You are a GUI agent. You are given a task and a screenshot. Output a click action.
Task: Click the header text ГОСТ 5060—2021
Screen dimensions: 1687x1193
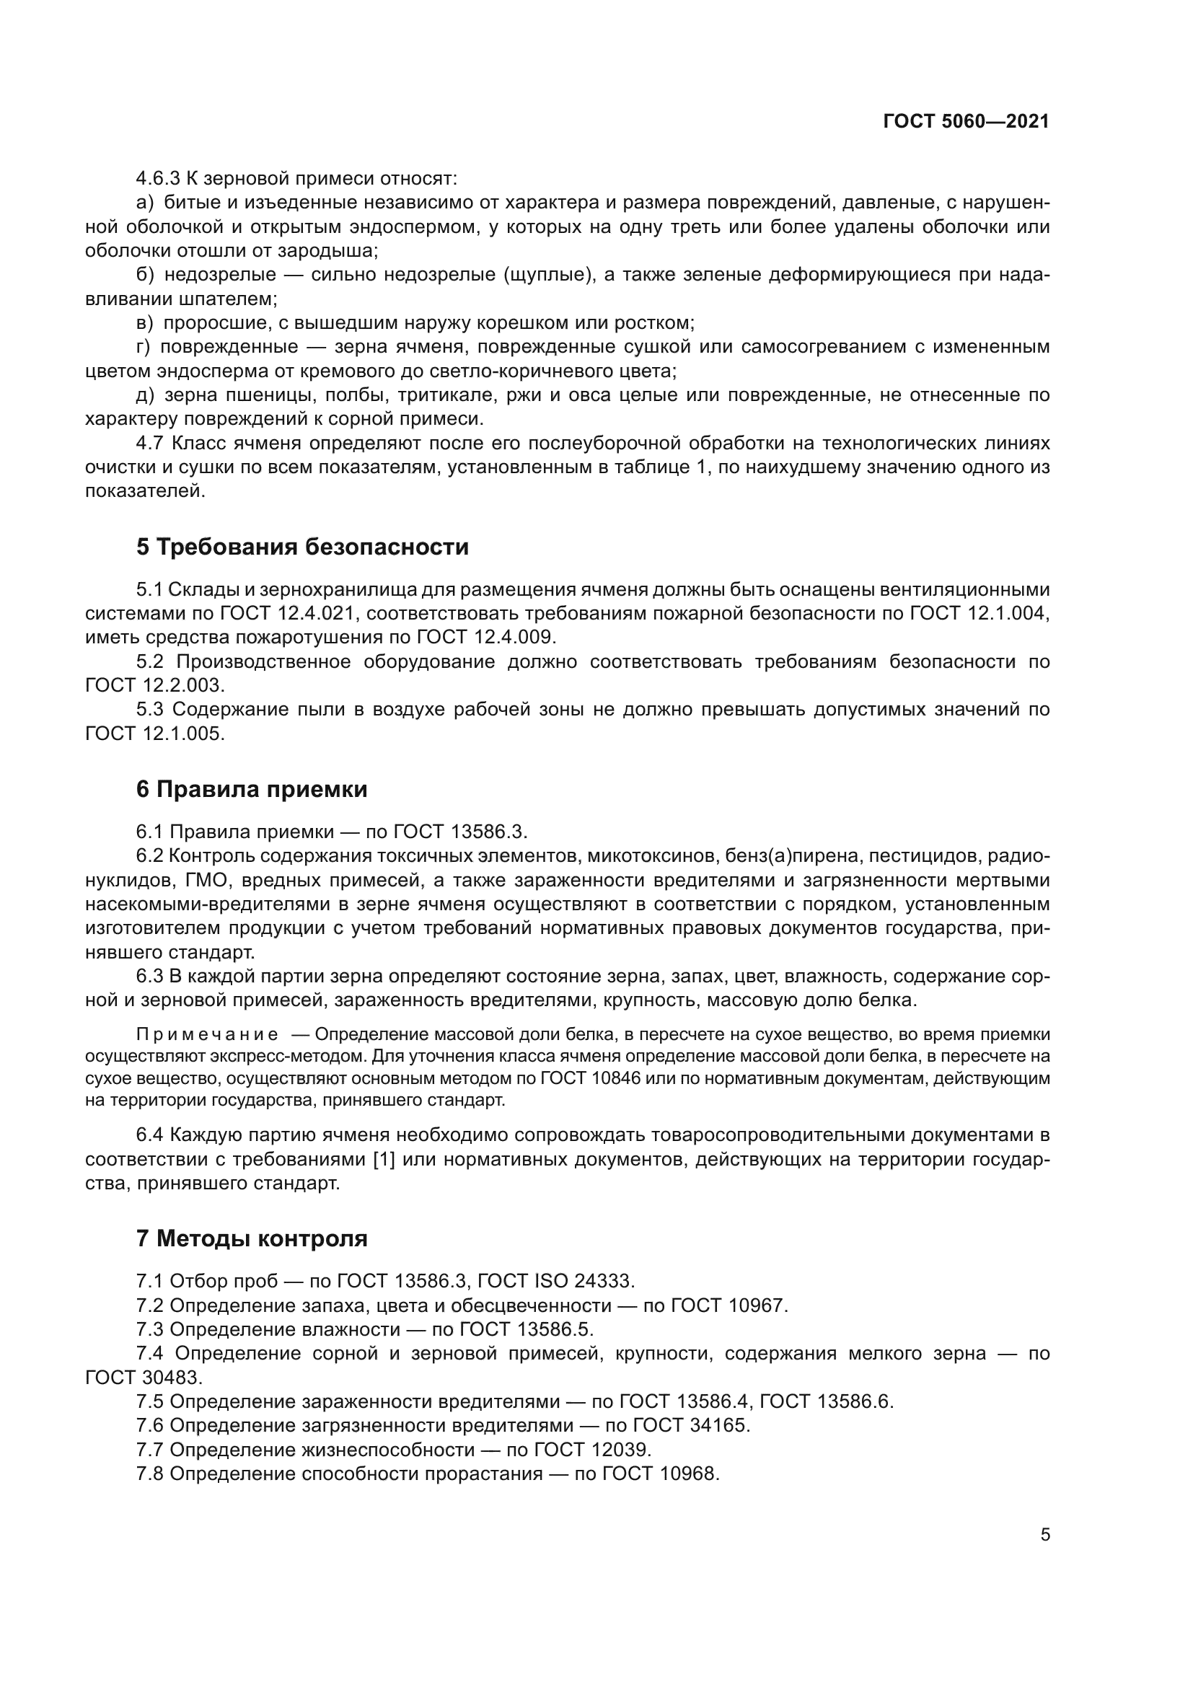pyautogui.click(x=966, y=122)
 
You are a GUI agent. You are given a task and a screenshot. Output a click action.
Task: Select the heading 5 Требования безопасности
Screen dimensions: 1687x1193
pyautogui.click(x=302, y=547)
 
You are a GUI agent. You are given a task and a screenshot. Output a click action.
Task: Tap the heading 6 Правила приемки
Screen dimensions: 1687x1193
pyautogui.click(x=251, y=789)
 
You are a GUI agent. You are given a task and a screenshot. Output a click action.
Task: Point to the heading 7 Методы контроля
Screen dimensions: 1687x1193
pyautogui.click(x=251, y=1238)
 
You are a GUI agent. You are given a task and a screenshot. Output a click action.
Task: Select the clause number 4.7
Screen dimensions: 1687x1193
pyautogui.click(x=150, y=443)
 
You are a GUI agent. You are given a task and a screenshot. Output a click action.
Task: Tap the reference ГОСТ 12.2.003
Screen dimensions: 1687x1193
pyautogui.click(x=154, y=684)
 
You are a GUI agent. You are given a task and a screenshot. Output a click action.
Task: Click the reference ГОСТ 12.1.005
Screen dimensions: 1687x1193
pyautogui.click(x=154, y=734)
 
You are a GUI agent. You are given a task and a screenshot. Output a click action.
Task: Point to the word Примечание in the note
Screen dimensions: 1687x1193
pyautogui.click(x=207, y=1034)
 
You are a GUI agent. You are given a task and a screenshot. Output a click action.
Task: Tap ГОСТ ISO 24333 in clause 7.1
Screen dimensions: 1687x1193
pyautogui.click(x=555, y=1281)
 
